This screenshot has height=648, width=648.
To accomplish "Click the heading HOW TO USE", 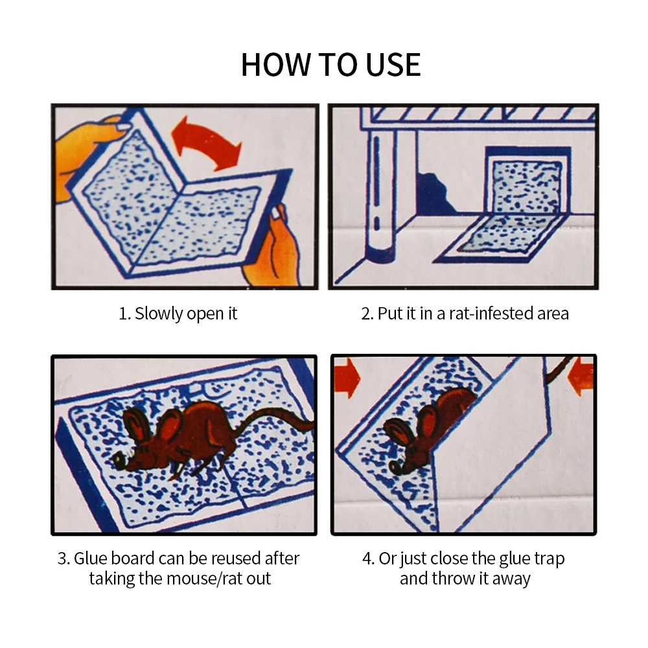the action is click(330, 65).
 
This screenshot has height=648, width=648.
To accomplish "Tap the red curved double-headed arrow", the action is click(205, 143).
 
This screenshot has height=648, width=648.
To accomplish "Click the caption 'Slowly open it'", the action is click(186, 314).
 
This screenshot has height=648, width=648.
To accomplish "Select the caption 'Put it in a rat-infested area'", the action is click(473, 314).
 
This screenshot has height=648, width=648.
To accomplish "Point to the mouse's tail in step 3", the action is click(273, 422).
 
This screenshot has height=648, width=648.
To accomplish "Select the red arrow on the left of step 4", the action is click(346, 378).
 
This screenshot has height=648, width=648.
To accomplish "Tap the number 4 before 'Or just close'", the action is click(367, 559).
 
